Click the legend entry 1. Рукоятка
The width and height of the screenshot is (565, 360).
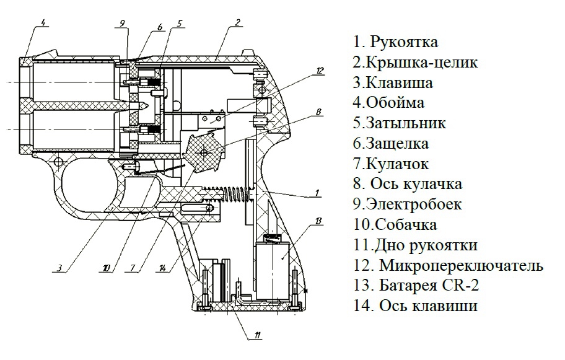click(x=395, y=42)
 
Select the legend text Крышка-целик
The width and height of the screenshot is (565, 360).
click(x=421, y=63)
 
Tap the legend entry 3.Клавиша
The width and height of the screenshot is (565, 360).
click(x=393, y=83)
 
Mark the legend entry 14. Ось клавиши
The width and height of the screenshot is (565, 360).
click(x=415, y=306)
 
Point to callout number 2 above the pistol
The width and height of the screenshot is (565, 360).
click(x=238, y=24)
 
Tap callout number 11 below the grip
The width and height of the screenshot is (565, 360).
click(x=258, y=336)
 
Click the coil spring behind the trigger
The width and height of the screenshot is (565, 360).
click(x=232, y=194)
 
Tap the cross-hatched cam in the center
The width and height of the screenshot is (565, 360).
click(x=204, y=151)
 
